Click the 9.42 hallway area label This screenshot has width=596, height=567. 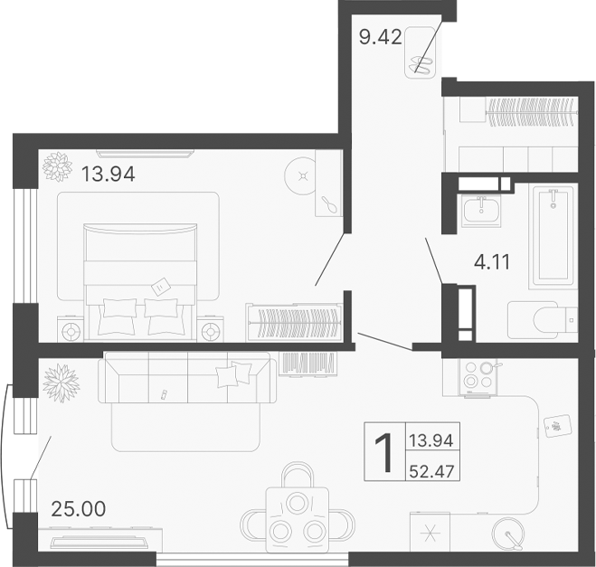pos(377,38)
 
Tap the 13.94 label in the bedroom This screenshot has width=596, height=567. pos(107,175)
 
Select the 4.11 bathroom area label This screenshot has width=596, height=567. pos(493,263)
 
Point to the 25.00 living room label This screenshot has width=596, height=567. pos(77,509)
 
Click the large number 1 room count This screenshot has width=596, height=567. pos(383,452)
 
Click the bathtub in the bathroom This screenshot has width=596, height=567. pos(553,235)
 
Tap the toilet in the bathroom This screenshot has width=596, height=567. pos(544,318)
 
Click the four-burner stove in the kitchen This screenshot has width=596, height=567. pos(478,377)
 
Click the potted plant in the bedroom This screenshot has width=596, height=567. pos(59,167)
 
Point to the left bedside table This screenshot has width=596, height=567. pos(71,329)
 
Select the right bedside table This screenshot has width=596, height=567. pos(210,329)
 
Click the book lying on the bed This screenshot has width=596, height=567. pos(160,286)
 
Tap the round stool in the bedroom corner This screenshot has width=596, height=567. pos(302,173)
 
